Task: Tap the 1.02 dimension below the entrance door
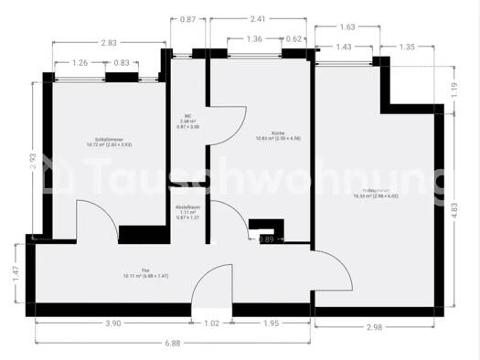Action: point(211,323)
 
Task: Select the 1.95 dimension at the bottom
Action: point(272,323)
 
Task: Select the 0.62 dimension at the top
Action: point(294,39)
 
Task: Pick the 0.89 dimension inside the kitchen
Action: point(266,239)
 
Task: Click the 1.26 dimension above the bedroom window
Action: point(80,63)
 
